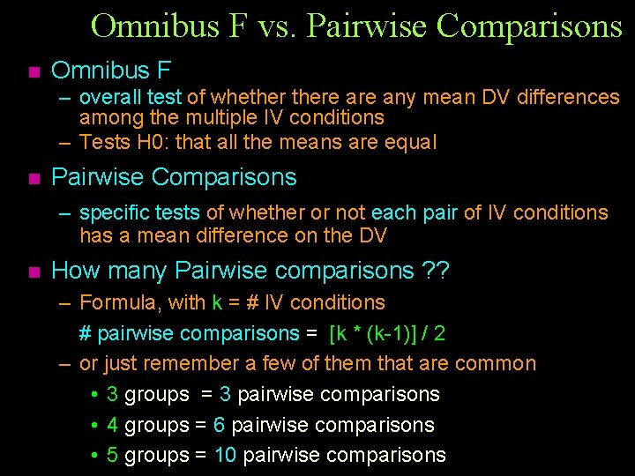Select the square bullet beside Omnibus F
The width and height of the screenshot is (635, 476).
coord(34,71)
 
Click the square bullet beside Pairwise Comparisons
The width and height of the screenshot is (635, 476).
coord(34,179)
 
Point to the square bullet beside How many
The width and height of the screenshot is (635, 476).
coord(34,271)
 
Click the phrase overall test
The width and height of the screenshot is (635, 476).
coord(131,97)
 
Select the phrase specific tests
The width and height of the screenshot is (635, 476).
coord(139,212)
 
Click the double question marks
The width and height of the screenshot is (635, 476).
coord(435,270)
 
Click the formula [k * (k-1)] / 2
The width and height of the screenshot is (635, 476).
coord(386,333)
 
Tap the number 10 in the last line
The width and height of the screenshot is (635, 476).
coord(225,455)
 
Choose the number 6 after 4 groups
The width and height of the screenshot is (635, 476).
coord(219,425)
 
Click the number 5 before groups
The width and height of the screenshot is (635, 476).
coord(112,455)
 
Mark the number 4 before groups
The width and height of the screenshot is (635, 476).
coord(112,425)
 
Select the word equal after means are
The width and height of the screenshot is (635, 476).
coord(410,142)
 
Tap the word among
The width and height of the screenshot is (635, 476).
coord(107,117)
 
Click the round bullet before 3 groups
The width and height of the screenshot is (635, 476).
coord(93,395)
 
